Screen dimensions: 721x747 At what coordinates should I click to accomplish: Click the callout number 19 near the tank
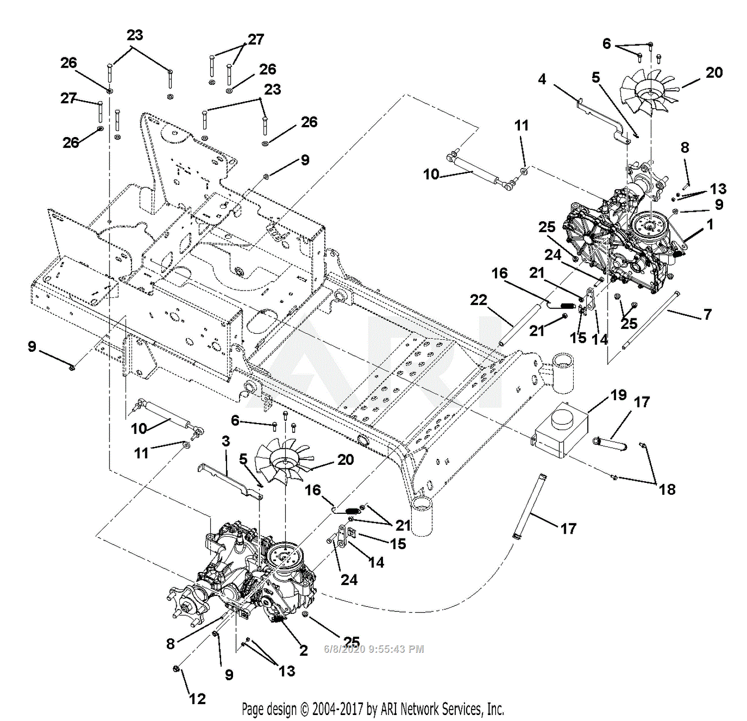click(x=618, y=395)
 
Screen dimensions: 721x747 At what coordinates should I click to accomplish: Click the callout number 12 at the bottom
click(x=197, y=699)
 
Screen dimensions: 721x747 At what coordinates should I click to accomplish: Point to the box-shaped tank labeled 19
click(x=562, y=430)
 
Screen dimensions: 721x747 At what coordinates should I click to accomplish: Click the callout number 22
click(x=478, y=300)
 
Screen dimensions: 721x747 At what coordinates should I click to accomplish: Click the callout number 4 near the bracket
click(x=542, y=79)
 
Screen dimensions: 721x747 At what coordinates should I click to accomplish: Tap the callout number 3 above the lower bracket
click(x=226, y=441)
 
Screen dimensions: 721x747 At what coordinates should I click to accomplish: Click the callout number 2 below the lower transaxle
click(x=303, y=650)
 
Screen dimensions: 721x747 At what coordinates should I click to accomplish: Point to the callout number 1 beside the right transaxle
click(x=710, y=225)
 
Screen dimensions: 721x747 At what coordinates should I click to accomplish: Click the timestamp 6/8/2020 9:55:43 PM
click(x=373, y=649)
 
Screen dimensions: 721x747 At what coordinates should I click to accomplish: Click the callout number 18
click(x=667, y=489)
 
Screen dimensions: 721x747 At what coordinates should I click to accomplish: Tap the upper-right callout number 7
click(x=707, y=314)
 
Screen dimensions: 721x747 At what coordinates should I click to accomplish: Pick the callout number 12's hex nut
click(x=176, y=668)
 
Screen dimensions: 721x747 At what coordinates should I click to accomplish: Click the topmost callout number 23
click(x=134, y=35)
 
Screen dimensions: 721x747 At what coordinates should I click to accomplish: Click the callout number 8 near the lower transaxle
click(x=170, y=644)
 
